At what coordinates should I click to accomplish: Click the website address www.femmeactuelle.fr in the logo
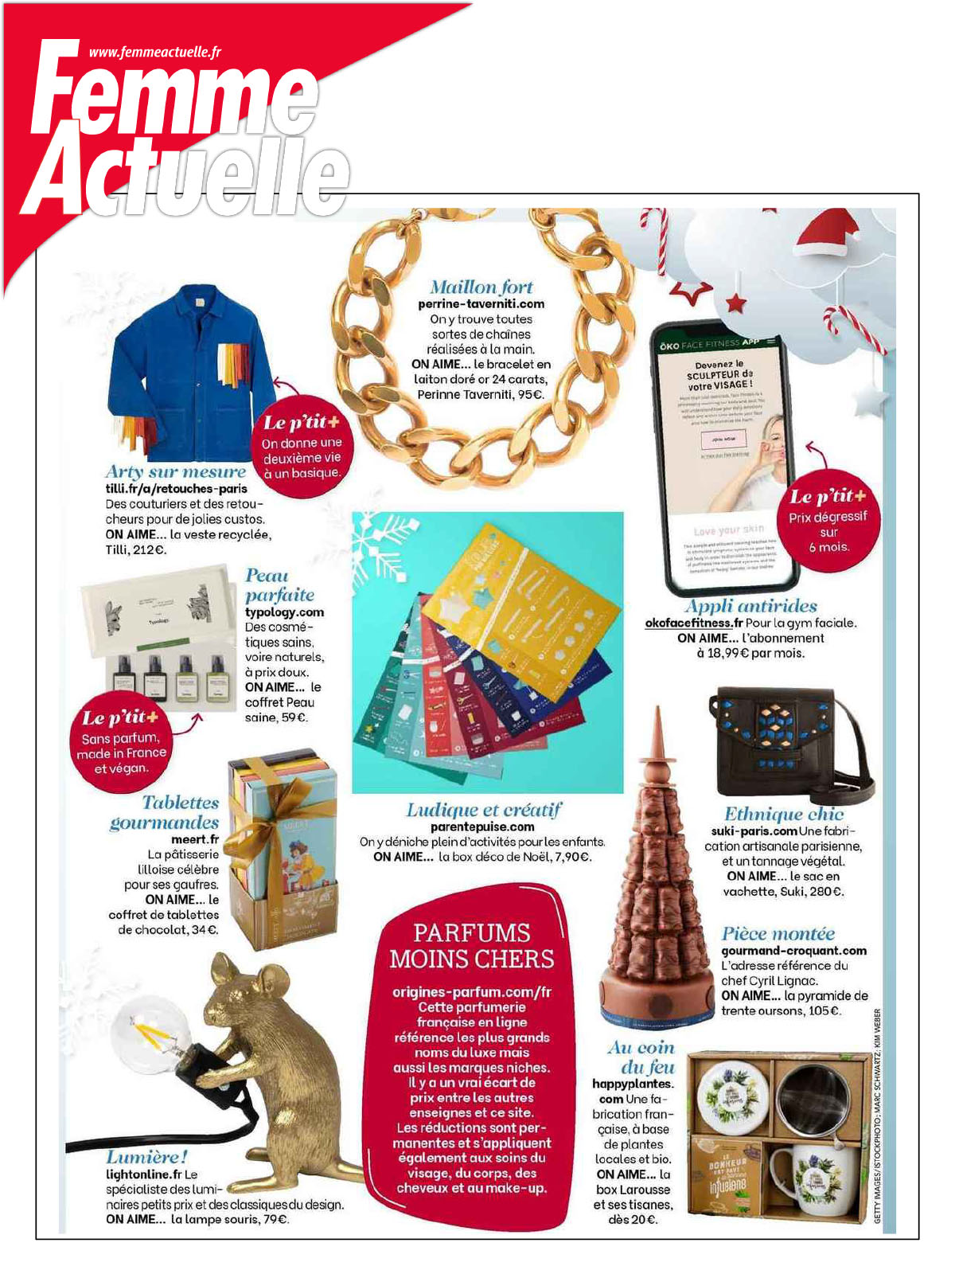tap(154, 53)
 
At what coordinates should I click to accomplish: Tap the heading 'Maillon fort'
tap(481, 287)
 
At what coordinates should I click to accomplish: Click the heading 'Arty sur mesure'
tap(176, 471)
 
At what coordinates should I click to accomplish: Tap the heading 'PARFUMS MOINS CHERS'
tap(471, 945)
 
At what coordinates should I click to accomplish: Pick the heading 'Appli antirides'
tap(751, 606)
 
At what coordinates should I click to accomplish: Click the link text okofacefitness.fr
tap(693, 623)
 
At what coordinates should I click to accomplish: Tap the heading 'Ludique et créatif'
tap(483, 810)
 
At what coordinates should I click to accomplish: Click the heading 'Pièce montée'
tap(778, 933)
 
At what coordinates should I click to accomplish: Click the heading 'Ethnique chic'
tap(783, 813)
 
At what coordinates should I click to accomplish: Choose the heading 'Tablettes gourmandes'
tap(165, 812)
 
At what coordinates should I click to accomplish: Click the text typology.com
tap(284, 612)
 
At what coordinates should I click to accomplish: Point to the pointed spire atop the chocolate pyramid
tap(658, 737)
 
